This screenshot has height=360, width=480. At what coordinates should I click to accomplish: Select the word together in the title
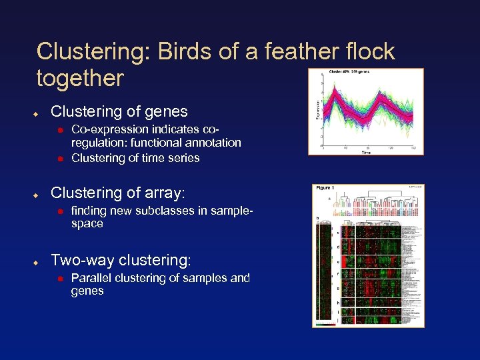coord(81,79)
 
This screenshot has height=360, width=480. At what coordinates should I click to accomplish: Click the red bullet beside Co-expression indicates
coord(59,127)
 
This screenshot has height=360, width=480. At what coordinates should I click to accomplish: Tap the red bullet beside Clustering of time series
coord(59,159)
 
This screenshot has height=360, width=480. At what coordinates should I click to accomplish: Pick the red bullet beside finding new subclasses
coord(59,211)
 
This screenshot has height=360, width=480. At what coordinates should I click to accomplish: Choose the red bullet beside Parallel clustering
coord(59,278)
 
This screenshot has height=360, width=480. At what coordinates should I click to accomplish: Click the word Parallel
coord(90,278)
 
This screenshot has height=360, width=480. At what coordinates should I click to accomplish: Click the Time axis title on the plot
coord(366,153)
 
